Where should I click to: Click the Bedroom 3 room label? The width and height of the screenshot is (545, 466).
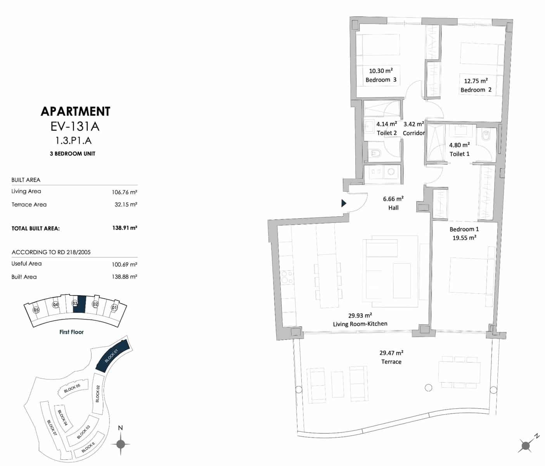click(x=381, y=80)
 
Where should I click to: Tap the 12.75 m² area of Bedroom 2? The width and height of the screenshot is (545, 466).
click(x=476, y=81)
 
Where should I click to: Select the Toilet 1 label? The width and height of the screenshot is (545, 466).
click(x=459, y=154)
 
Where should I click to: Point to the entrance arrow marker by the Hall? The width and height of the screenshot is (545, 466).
click(x=343, y=203)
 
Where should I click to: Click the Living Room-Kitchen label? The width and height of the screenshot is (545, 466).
click(x=360, y=324)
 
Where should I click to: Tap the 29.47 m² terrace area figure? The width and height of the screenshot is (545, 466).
click(x=391, y=353)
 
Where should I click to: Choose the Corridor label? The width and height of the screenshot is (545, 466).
click(x=414, y=133)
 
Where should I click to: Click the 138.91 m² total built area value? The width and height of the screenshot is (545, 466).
click(x=125, y=228)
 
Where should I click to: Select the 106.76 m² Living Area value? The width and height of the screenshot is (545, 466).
click(x=125, y=192)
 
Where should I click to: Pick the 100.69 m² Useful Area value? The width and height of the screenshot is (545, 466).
click(x=125, y=264)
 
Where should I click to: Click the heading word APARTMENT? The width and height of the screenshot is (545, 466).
click(x=76, y=111)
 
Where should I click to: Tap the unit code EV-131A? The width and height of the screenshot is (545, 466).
click(x=75, y=127)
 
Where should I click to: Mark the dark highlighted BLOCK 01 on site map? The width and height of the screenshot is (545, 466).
click(x=112, y=356)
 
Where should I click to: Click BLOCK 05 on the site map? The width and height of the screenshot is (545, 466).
click(x=72, y=389)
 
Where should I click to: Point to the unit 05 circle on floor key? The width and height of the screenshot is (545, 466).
click(x=36, y=310)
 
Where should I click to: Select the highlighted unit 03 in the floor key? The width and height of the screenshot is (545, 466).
click(x=79, y=304)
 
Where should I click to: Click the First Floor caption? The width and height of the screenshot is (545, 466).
click(x=71, y=332)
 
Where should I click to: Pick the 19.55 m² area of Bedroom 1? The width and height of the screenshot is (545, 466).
click(x=464, y=238)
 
